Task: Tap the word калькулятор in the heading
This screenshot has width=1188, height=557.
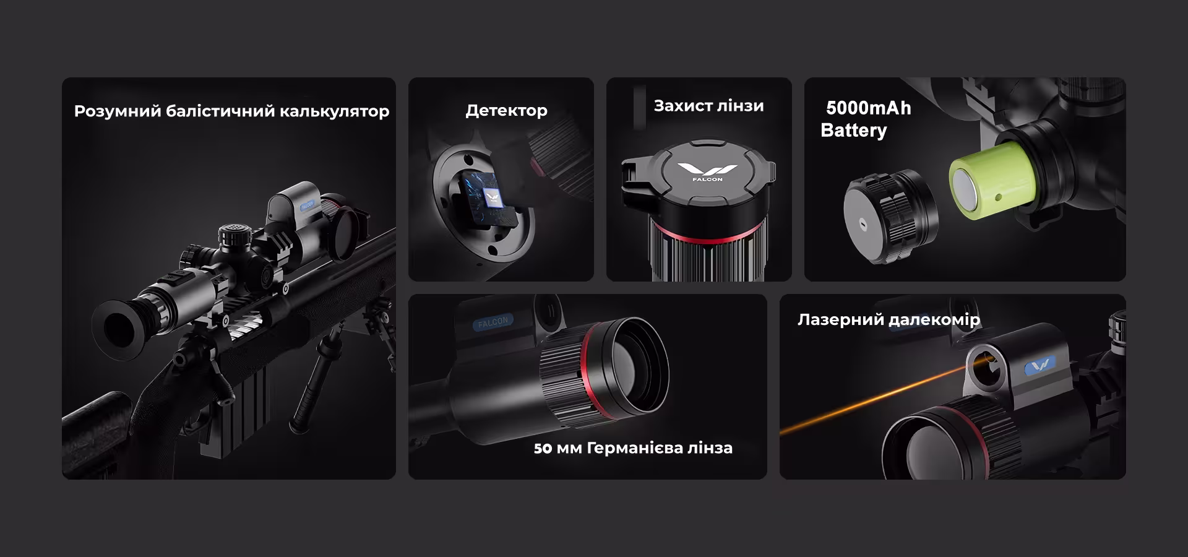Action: (335, 111)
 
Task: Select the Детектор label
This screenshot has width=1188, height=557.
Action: (506, 111)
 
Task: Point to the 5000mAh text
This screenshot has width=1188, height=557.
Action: (868, 108)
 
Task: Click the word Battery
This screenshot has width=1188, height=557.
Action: (853, 131)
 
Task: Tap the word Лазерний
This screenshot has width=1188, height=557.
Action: (840, 320)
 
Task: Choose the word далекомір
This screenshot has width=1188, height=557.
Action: (934, 320)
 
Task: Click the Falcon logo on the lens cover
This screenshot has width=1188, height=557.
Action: (707, 171)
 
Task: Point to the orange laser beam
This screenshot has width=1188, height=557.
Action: (872, 400)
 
